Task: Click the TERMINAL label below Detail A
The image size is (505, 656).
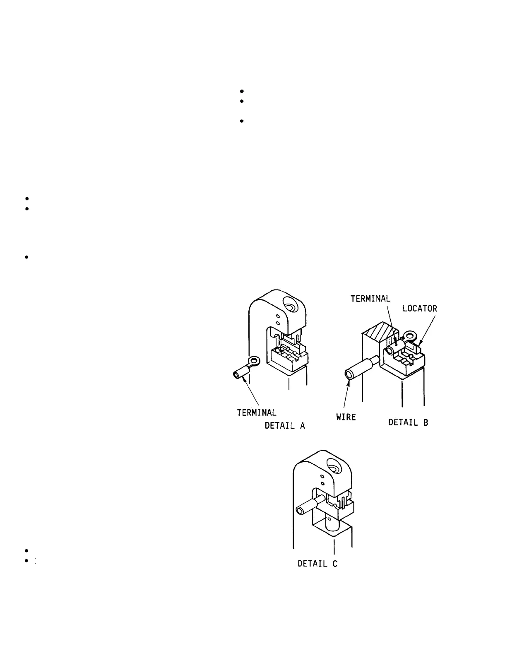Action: [256, 412]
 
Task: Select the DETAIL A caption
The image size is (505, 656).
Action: [284, 426]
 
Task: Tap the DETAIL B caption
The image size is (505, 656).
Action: [408, 422]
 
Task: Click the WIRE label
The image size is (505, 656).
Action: [346, 417]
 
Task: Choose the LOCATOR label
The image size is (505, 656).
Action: [420, 309]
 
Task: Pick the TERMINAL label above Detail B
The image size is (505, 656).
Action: [370, 299]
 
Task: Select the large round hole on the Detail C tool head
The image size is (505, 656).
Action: [334, 469]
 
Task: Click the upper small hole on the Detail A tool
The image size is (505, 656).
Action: [278, 316]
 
